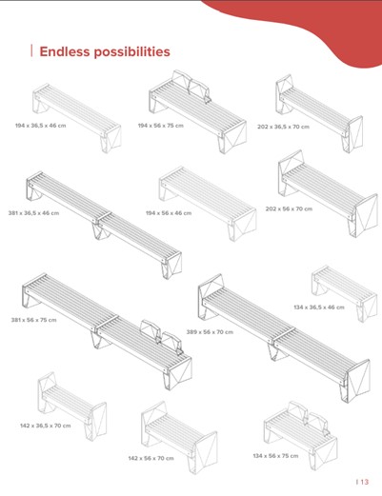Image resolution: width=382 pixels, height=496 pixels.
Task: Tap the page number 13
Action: (365, 482)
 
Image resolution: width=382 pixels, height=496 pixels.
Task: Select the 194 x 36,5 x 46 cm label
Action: (41, 126)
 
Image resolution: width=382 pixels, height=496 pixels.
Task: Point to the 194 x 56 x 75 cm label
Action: (161, 126)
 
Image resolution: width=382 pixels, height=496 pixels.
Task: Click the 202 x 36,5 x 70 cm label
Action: (283, 127)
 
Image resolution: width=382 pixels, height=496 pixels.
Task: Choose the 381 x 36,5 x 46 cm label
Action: (33, 213)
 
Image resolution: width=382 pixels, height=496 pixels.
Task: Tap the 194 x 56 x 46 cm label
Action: (169, 213)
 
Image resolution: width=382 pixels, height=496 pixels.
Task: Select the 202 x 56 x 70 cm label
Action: (289, 208)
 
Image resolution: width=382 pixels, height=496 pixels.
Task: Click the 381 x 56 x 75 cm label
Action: (34, 320)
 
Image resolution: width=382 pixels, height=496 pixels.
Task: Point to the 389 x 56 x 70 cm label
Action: (210, 332)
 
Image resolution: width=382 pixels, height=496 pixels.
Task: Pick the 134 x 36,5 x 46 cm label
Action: (319, 307)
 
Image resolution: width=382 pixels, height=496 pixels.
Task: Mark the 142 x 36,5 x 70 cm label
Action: (46, 426)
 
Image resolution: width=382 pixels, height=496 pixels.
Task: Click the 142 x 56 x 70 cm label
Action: (151, 458)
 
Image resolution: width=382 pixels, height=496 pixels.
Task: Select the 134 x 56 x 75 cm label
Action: (275, 456)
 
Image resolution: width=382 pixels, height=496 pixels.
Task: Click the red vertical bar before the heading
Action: (31, 50)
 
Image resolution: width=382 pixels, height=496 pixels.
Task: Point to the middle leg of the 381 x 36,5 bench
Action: (101, 230)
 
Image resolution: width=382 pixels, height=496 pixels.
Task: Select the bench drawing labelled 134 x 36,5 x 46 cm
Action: (345, 293)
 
